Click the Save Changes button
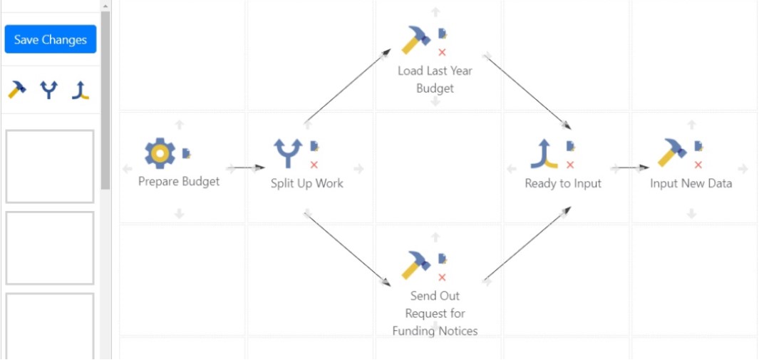click(x=50, y=40)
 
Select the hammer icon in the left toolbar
click(x=17, y=89)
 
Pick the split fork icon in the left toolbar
click(x=48, y=90)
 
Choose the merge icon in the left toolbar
click(x=80, y=90)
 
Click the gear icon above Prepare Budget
click(x=160, y=153)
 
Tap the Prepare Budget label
click(x=179, y=182)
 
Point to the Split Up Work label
click(x=306, y=183)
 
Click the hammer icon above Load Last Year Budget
click(x=415, y=40)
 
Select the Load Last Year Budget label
click(x=435, y=79)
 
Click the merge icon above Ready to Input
click(x=544, y=153)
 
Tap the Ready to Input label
click(x=563, y=183)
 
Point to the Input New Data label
click(x=691, y=183)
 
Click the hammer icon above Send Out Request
click(x=415, y=264)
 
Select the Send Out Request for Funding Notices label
click(x=435, y=313)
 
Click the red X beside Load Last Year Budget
click(x=442, y=52)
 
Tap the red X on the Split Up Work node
click(x=314, y=165)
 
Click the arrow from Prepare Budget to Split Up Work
click(x=248, y=168)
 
